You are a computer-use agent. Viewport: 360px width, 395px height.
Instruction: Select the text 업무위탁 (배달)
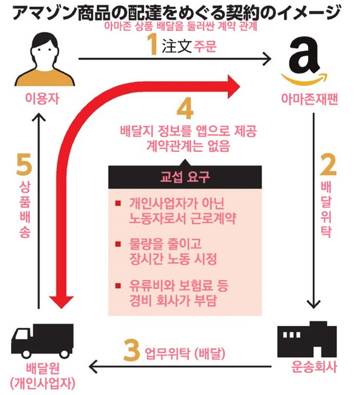186,353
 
